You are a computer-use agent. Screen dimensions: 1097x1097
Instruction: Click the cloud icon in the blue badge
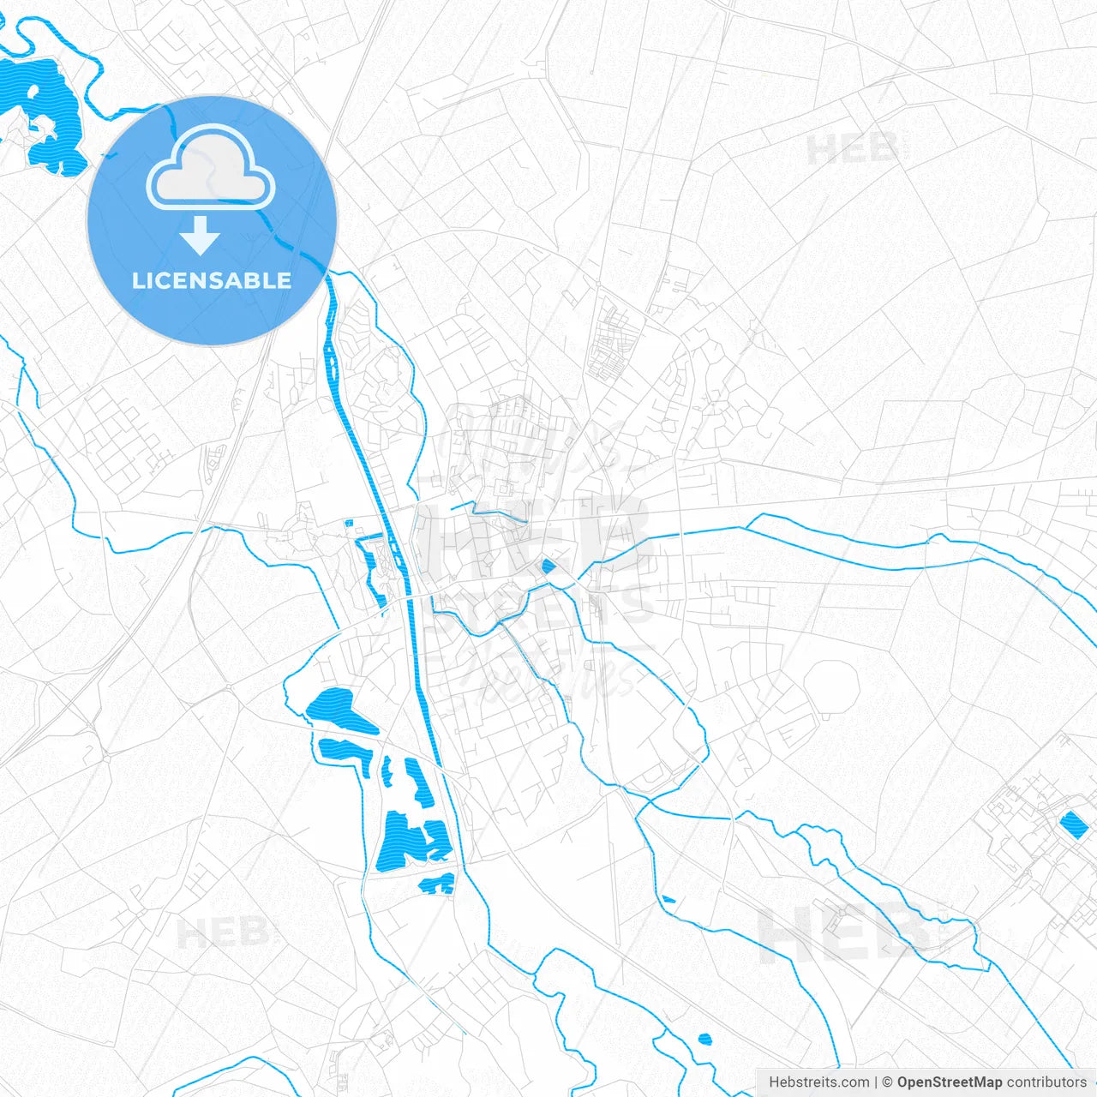pyautogui.click(x=211, y=169)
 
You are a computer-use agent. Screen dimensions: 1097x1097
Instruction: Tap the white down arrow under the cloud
pyautogui.click(x=200, y=236)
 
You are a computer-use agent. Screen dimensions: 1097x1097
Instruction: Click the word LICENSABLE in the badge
pyautogui.click(x=212, y=280)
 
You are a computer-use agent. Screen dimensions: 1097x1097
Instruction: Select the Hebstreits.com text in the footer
pyautogui.click(x=818, y=1082)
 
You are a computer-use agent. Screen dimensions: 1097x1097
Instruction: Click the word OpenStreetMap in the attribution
pyautogui.click(x=949, y=1082)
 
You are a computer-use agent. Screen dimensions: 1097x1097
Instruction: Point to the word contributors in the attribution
pyautogui.click(x=1046, y=1082)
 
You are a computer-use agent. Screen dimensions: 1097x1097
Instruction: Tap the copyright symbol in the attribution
pyautogui.click(x=887, y=1082)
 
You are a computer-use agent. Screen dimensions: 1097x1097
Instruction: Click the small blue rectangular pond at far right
pyautogui.click(x=1071, y=824)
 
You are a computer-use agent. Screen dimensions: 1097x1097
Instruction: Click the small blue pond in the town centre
pyautogui.click(x=548, y=565)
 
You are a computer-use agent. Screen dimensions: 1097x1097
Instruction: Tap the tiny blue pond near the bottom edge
pyautogui.click(x=704, y=1040)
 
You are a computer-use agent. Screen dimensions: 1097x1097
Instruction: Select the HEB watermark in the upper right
pyautogui.click(x=853, y=150)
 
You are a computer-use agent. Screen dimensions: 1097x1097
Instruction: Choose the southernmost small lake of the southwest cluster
pyautogui.click(x=437, y=883)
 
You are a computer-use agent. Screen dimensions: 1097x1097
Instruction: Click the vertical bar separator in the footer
pyautogui.click(x=875, y=1082)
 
